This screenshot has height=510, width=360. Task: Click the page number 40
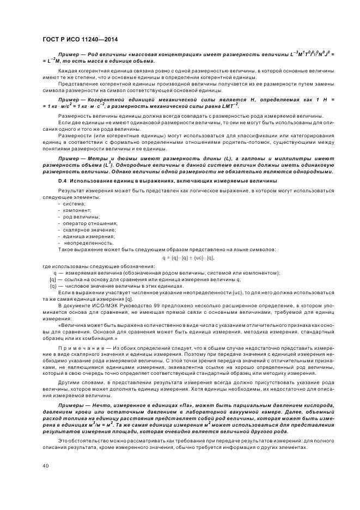pyautogui.click(x=45, y=465)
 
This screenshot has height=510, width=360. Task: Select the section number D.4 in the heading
pyautogui.click(x=62, y=180)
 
